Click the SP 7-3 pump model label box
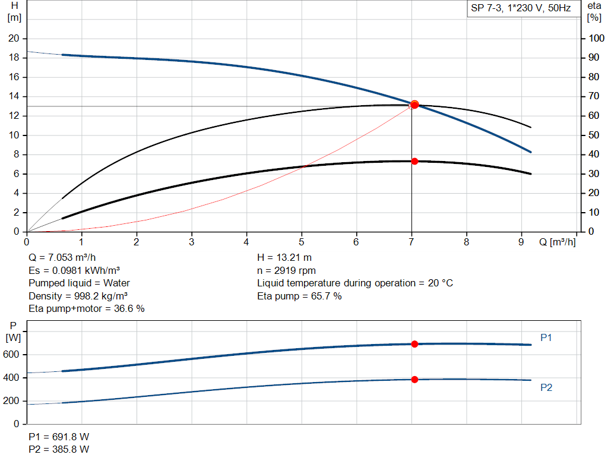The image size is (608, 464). click(521, 9)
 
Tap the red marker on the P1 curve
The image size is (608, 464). click(414, 344)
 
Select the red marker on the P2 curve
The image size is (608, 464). click(414, 379)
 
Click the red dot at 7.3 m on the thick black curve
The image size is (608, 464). click(414, 161)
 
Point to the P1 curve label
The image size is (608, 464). click(546, 337)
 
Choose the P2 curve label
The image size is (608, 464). click(546, 387)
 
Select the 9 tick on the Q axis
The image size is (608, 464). click(521, 242)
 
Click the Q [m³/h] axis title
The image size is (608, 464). click(557, 242)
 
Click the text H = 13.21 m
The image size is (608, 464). click(284, 258)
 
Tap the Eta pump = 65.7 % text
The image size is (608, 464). click(299, 296)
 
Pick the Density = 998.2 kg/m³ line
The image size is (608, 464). click(79, 296)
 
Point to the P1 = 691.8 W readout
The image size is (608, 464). click(59, 437)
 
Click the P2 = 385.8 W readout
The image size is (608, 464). click(59, 449)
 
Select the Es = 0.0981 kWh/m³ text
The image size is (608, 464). click(74, 270)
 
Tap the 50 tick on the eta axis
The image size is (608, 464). click(594, 135)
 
